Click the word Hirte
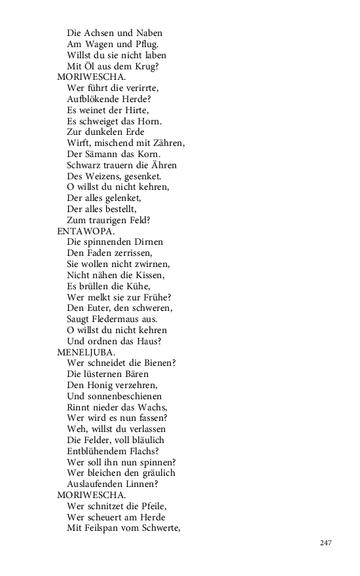(x=134, y=110)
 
